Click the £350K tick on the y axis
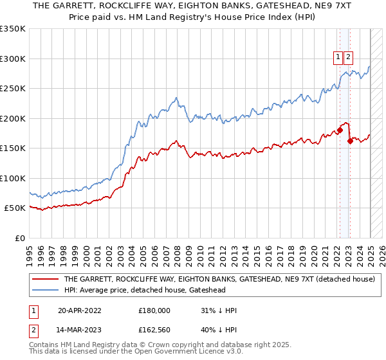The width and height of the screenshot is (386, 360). click(x=14, y=29)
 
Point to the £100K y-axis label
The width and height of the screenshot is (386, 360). click(x=14, y=178)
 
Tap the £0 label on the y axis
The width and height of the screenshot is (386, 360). click(x=21, y=238)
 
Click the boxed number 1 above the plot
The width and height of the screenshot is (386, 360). click(x=338, y=57)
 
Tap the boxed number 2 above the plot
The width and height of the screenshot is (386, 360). click(x=348, y=57)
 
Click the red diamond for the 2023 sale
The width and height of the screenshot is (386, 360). click(x=349, y=141)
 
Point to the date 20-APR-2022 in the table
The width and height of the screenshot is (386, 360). click(x=80, y=310)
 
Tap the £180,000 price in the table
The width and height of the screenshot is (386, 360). click(x=154, y=310)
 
